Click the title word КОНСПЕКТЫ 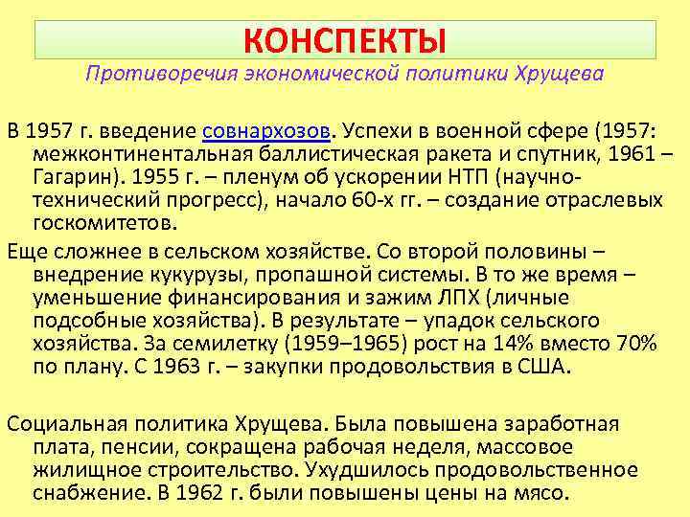tap(345, 40)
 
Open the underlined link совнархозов tap(267, 129)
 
